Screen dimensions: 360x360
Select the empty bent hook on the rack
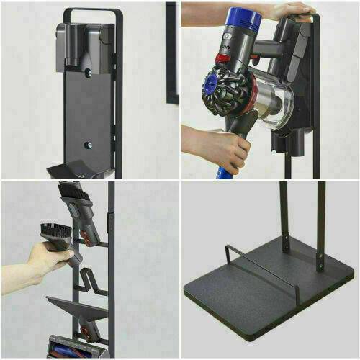[90, 277]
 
